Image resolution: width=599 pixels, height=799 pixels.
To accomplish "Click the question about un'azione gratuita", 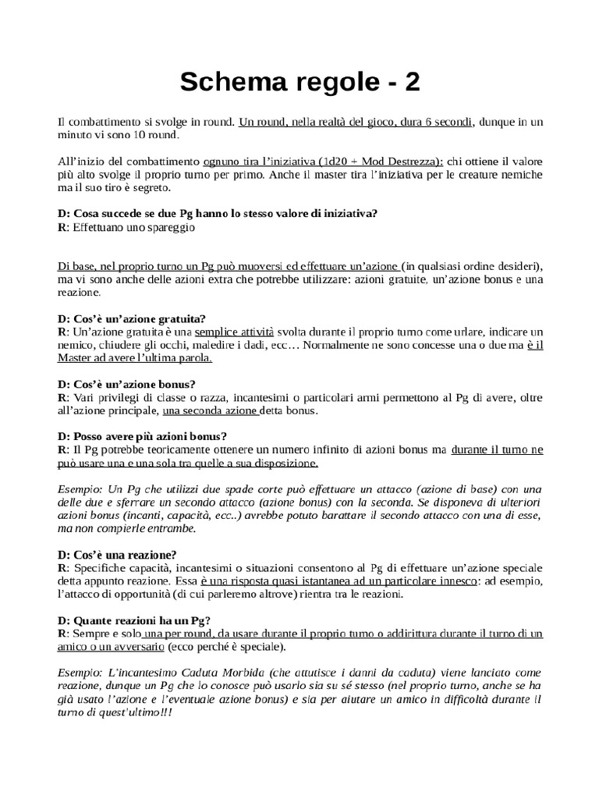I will click(x=132, y=318).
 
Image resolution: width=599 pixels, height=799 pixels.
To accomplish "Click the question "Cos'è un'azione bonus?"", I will click(x=126, y=384).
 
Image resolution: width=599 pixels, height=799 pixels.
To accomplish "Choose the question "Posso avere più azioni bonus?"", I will click(x=147, y=436).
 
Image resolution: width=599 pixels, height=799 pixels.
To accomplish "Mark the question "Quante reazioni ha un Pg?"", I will click(x=132, y=621).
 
